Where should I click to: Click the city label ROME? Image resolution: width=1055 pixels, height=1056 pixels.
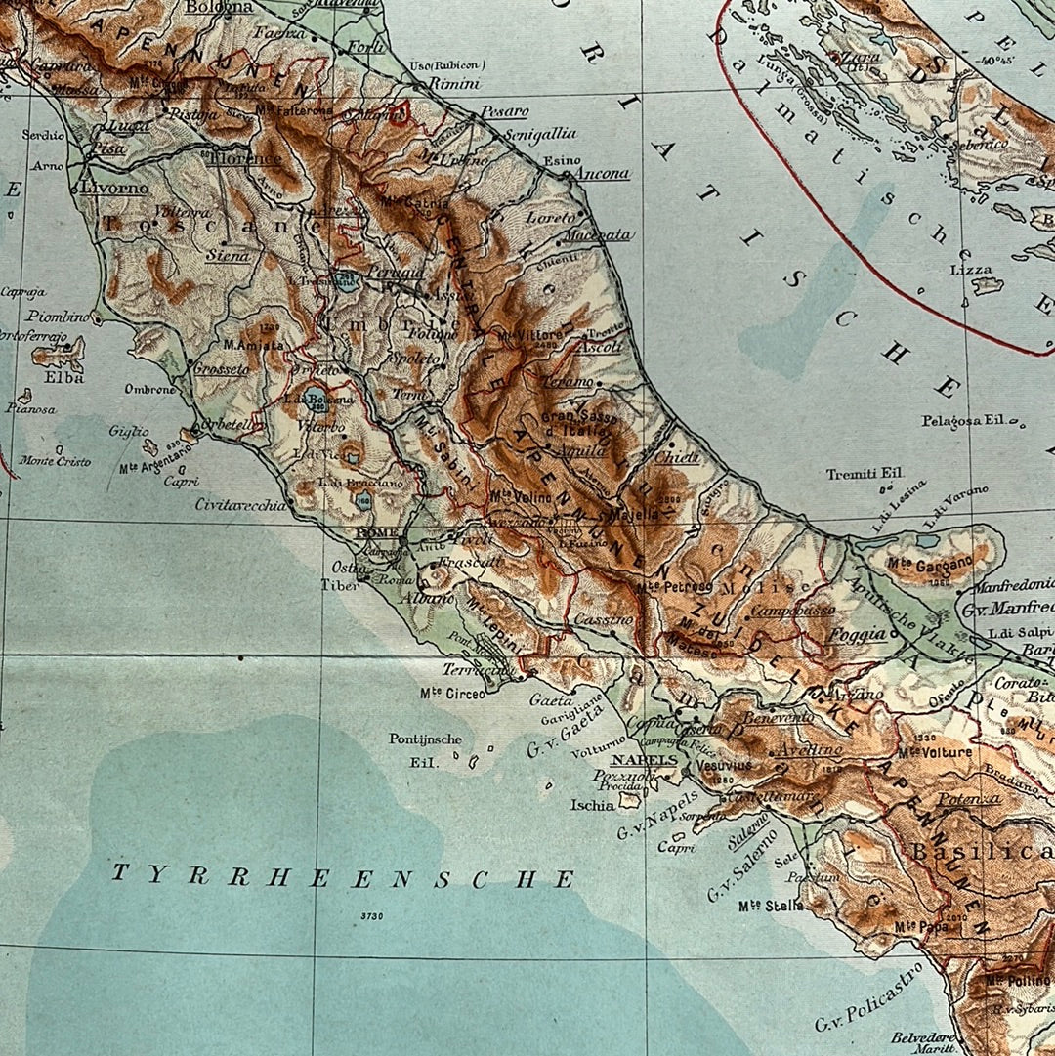(x=373, y=532)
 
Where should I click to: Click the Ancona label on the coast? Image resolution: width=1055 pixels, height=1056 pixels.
(x=603, y=174)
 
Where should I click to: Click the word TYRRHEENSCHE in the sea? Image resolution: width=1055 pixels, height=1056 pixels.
(x=342, y=876)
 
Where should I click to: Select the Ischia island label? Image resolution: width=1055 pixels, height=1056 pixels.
(x=593, y=805)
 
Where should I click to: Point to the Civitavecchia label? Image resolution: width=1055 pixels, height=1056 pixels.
(x=240, y=505)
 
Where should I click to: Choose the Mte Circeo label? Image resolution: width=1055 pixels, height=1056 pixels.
(x=451, y=694)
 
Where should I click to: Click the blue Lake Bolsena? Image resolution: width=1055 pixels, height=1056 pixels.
(x=315, y=397)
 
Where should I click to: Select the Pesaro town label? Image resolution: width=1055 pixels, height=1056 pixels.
(x=504, y=111)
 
